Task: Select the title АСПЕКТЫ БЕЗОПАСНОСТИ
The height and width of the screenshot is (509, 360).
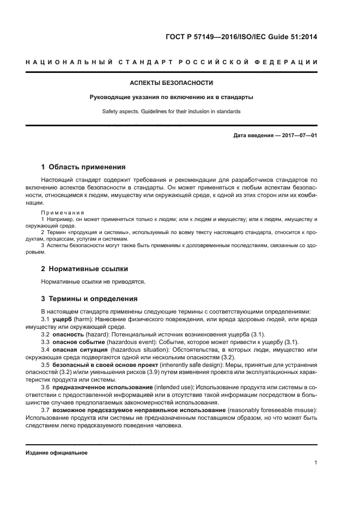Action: click(x=171, y=83)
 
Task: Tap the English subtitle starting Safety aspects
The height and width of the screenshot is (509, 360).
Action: click(x=171, y=111)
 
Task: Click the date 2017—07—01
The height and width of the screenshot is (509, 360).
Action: click(x=298, y=136)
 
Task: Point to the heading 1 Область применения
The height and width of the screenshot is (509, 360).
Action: click(x=83, y=167)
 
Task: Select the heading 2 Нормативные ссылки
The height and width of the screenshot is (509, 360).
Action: click(x=85, y=268)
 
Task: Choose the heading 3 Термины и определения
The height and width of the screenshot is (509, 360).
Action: click(x=90, y=298)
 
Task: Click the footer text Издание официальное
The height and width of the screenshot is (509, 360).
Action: click(x=57, y=452)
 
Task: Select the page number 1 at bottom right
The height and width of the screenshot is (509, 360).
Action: click(x=315, y=463)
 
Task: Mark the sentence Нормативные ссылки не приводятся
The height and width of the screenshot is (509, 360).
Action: click(x=94, y=281)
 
